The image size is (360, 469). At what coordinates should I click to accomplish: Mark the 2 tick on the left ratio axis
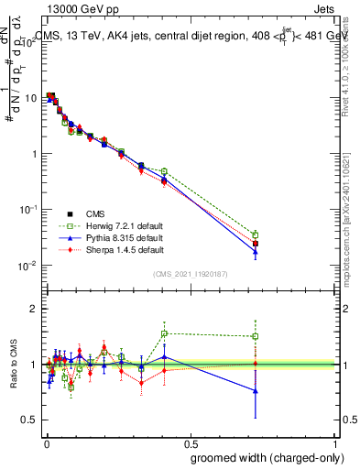coord(35,309)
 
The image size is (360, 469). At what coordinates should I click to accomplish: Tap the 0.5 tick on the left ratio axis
coord(31,420)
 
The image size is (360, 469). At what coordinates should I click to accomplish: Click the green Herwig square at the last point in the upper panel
coord(256,234)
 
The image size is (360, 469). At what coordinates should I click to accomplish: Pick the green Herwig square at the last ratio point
coord(256,336)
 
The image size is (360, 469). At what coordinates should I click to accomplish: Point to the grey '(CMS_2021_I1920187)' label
coord(190,273)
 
